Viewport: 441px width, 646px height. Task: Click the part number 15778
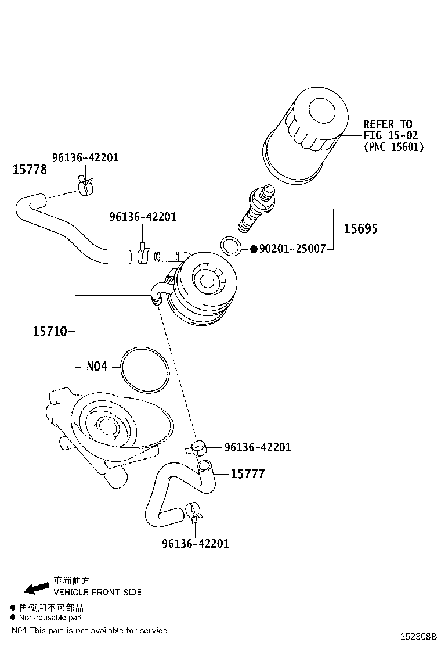(x=30, y=169)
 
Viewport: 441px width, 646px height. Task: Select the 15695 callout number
(x=360, y=228)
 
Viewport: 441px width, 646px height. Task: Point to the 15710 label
(x=49, y=332)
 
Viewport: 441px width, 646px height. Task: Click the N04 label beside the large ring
(x=97, y=367)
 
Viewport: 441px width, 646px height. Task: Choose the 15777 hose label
(x=248, y=474)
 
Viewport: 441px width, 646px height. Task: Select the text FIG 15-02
(x=391, y=135)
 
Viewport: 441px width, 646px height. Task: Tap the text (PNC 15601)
(x=393, y=147)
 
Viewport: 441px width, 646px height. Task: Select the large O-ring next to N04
(x=145, y=369)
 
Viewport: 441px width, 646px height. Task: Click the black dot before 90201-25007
(x=254, y=249)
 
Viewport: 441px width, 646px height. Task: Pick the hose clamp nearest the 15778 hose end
(x=85, y=185)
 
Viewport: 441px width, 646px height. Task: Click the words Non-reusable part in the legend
(x=51, y=618)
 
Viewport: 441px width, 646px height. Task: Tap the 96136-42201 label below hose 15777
(x=196, y=544)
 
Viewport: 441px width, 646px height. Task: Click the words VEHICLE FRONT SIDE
(x=97, y=592)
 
